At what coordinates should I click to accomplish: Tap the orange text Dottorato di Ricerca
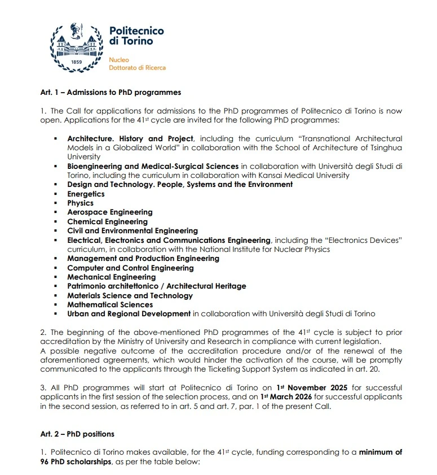137,68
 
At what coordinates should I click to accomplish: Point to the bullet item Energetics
86,194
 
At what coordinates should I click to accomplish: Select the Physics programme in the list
80,203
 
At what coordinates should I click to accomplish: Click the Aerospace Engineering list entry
109,212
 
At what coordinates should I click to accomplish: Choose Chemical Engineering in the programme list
108,221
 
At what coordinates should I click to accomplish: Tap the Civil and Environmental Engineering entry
133,230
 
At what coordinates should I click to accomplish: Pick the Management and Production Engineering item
143,258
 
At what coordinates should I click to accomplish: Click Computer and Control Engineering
130,268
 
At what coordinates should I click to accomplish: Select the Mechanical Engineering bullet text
111,277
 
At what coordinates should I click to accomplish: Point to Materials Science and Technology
130,295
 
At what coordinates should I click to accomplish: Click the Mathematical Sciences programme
110,304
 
